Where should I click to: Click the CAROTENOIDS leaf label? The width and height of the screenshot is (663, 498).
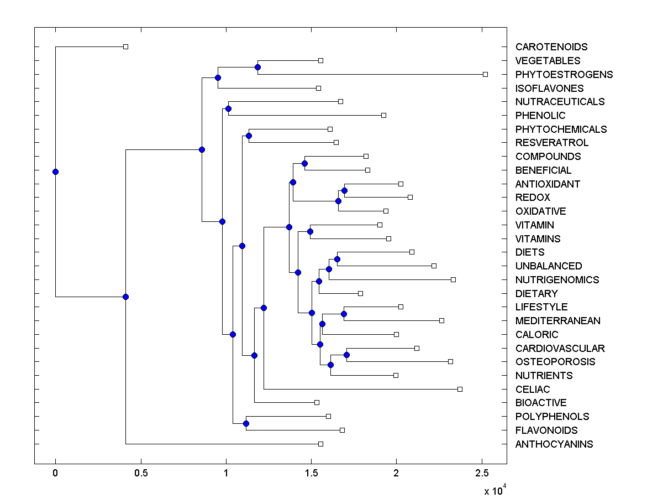(551, 47)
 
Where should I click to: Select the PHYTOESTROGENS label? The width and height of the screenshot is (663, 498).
(564, 75)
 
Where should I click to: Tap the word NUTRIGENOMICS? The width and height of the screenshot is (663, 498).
(557, 280)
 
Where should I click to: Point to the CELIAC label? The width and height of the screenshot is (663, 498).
(533, 390)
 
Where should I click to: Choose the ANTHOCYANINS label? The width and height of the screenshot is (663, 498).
(554, 444)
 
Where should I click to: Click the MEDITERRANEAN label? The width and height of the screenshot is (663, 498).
(557, 321)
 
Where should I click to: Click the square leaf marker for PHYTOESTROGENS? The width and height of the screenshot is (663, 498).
(485, 74)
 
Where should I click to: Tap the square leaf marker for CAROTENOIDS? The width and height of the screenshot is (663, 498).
(125, 46)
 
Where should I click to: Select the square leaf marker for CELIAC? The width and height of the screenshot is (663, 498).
(460, 389)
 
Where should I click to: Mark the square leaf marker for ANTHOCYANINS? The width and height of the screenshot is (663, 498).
(320, 444)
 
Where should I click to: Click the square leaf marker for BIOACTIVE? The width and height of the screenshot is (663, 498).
(317, 402)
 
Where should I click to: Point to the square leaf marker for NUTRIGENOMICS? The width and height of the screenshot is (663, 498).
(453, 279)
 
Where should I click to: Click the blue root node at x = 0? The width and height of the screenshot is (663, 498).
(55, 172)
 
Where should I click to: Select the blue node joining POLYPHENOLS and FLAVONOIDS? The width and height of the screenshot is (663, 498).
(246, 423)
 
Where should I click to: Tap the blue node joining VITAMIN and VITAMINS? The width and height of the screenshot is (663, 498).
(310, 231)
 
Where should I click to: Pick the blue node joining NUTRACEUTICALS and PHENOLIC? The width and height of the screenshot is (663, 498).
(228, 108)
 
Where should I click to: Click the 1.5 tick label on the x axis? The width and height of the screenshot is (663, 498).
(311, 474)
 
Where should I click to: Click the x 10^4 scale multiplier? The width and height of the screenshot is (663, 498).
(494, 490)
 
